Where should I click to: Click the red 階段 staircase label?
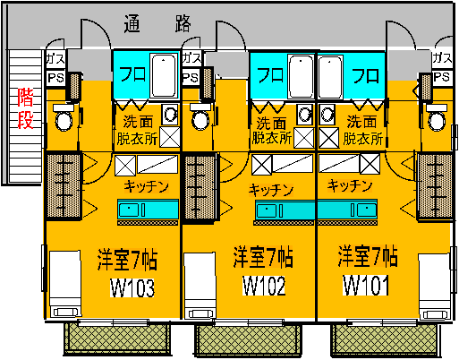pos(25,108)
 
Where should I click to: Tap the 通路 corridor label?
pos(157,23)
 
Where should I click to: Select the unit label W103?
pos(132,288)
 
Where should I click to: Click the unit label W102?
pos(264,286)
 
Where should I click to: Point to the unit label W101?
pos(366,285)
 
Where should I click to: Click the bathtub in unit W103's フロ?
pos(164,76)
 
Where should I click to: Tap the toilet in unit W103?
pos(64,117)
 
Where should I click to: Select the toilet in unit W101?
pos(437,117)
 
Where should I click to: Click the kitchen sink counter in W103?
pos(148,209)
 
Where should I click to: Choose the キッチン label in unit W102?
pos(271,190)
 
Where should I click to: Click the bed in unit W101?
pos(434,287)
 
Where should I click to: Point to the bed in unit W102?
pos(200,286)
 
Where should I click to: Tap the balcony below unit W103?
pos(117,339)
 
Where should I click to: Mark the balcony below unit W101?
pos(385,340)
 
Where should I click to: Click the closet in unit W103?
pos(64,186)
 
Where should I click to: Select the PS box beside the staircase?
pos(56,79)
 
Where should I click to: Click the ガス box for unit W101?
pos(442,58)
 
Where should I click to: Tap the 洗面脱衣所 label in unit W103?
pos(137,131)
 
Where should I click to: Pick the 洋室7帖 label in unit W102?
pos(263,257)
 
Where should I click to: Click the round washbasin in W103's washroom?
pos(170,114)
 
